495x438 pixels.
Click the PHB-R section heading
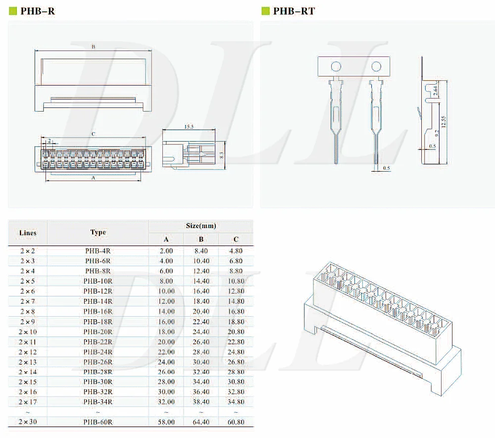coord(38,11)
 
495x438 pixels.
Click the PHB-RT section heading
coord(294,11)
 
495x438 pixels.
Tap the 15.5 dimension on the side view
coord(189,127)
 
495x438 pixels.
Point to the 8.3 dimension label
coord(222,155)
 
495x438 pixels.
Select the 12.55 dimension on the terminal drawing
coord(444,121)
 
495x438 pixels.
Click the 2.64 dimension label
coord(436,91)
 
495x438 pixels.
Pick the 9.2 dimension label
coord(435,132)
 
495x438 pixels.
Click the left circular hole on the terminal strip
coord(336,66)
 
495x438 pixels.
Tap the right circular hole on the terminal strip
coord(376,66)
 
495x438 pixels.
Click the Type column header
coord(98,232)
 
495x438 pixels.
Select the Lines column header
coord(28,233)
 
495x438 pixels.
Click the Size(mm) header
coord(200,226)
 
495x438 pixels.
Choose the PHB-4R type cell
coord(98,251)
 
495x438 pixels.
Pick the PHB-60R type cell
coord(98,422)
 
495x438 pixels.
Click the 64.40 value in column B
coord(201,422)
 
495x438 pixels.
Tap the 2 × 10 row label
coord(28,332)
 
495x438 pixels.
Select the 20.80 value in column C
coord(236,332)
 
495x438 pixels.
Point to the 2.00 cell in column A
coord(166,251)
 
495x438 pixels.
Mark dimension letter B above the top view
coord(93,47)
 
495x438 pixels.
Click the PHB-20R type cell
coord(98,332)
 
